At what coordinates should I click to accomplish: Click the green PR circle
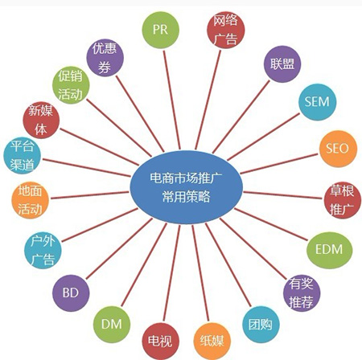click(160, 30)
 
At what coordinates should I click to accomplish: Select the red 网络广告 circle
click(226, 30)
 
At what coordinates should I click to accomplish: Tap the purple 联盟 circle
click(282, 64)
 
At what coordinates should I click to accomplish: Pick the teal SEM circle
click(318, 102)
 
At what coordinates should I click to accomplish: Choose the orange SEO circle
click(338, 149)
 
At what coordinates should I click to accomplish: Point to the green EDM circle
click(330, 250)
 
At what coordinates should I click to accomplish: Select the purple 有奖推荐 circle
click(302, 292)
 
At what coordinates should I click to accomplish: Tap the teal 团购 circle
click(261, 325)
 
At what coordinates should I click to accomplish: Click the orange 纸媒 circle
click(212, 342)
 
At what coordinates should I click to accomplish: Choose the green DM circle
click(112, 325)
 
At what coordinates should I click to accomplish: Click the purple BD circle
click(71, 293)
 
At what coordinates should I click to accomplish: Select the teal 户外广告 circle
click(43, 250)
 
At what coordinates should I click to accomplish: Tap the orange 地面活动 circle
click(30, 200)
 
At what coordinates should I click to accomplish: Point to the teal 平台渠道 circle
click(22, 155)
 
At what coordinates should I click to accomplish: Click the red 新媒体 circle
click(41, 120)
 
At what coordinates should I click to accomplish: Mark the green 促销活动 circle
click(71, 85)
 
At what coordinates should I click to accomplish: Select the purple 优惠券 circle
click(105, 58)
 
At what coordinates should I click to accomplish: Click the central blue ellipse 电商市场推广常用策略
click(187, 187)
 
